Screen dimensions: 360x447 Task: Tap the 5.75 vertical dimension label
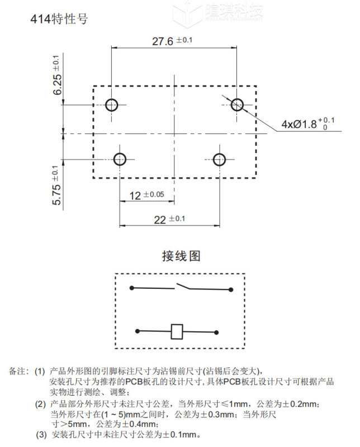[57, 186]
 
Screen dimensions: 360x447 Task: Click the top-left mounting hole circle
[111, 104]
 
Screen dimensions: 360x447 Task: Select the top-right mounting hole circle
[237, 104]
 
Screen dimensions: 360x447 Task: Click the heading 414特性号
[59, 20]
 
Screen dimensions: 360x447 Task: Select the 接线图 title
[181, 256]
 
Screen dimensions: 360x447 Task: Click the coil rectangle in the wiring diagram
[177, 331]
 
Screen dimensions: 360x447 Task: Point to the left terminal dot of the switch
[131, 288]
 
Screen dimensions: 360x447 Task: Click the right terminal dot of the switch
[230, 289]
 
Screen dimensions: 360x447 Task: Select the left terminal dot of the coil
[136, 331]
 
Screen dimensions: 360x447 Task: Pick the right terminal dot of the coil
[216, 331]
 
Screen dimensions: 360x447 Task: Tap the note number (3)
[42, 435]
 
